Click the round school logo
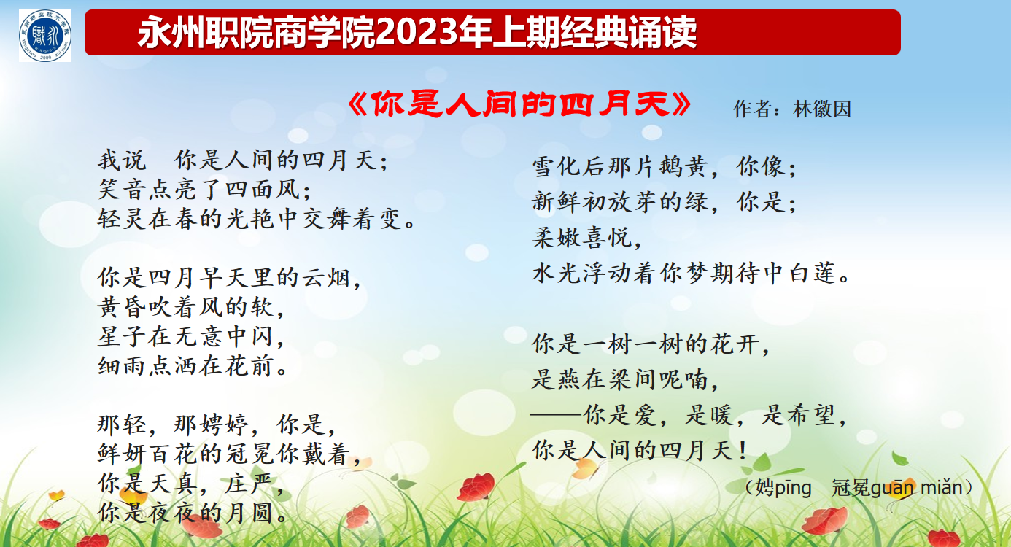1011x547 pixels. (x=45, y=36)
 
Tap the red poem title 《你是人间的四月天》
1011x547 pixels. (x=519, y=104)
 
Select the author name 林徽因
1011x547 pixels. (x=822, y=109)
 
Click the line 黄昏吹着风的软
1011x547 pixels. (x=191, y=308)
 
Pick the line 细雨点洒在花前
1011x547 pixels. (x=193, y=366)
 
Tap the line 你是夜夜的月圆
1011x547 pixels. (x=193, y=513)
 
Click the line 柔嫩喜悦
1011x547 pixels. (x=586, y=237)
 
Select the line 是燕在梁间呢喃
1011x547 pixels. (x=625, y=379)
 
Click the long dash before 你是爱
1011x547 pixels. (x=557, y=414)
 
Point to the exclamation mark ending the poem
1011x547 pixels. (x=743, y=451)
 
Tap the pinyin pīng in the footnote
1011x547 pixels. (x=794, y=489)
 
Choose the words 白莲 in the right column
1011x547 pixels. (x=813, y=273)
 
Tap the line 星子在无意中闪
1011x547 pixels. (x=191, y=337)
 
